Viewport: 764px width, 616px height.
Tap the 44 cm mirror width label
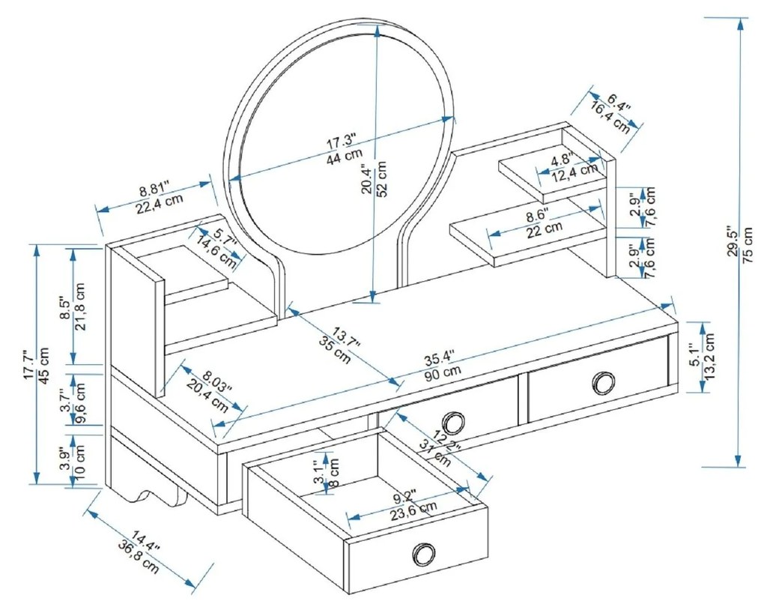coord(342,158)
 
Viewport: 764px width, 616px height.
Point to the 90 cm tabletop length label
coord(443,372)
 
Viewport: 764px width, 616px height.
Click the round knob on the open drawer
coord(424,555)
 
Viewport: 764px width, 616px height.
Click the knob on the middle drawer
coord(452,421)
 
